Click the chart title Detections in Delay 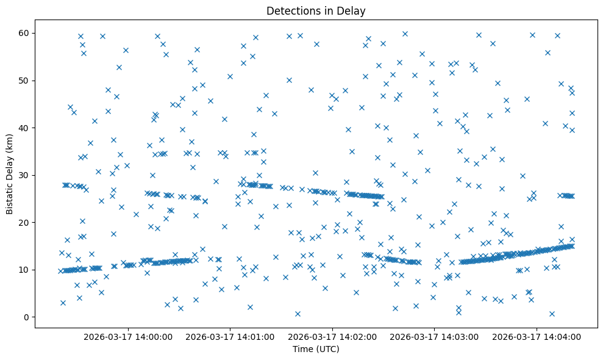pyautogui.click(x=316, y=10)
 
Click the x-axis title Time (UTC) pyautogui.click(x=316, y=350)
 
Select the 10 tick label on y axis pyautogui.click(x=25, y=270)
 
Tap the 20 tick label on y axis pyautogui.click(x=25, y=223)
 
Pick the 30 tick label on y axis pyautogui.click(x=25, y=175)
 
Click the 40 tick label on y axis pyautogui.click(x=25, y=128)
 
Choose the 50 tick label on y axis pyautogui.click(x=25, y=81)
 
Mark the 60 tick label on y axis pyautogui.click(x=25, y=33)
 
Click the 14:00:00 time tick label pyautogui.click(x=129, y=336)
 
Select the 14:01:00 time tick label pyautogui.click(x=231, y=336)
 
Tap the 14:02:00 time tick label pyautogui.click(x=333, y=336)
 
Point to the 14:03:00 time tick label pyautogui.click(x=435, y=336)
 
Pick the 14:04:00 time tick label pyautogui.click(x=537, y=336)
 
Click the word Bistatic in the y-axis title pyautogui.click(x=10, y=195)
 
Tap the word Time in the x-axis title pyautogui.click(x=304, y=350)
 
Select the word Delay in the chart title pyautogui.click(x=353, y=10)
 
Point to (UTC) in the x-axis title pyautogui.click(x=327, y=350)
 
